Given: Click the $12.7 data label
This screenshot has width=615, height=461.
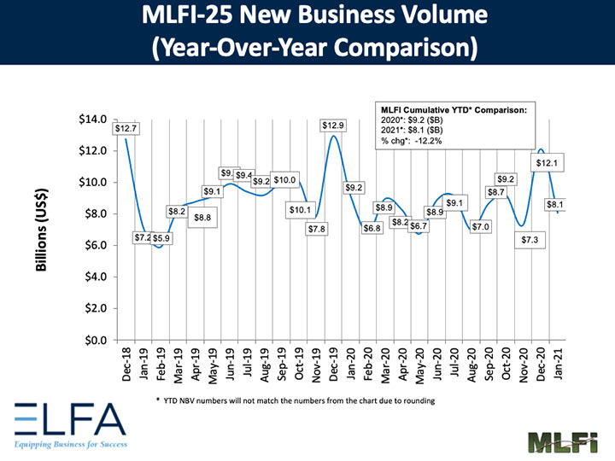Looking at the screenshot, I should click(x=126, y=128).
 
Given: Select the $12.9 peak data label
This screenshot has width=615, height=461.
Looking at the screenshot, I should click(x=334, y=125).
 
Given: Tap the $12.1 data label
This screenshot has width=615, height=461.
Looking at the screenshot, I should click(x=548, y=162).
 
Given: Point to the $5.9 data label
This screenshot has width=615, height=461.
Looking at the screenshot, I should click(x=162, y=238).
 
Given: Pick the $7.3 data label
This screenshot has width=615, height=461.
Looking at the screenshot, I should click(x=530, y=241).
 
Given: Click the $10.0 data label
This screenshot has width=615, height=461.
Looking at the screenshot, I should click(x=285, y=180).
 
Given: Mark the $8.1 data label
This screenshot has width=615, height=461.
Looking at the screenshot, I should click(x=555, y=205).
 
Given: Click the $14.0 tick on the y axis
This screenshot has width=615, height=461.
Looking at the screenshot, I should click(x=91, y=120).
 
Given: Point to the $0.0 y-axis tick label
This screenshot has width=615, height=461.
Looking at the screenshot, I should click(x=94, y=340).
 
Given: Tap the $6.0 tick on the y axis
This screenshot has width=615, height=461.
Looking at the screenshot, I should click(x=94, y=246).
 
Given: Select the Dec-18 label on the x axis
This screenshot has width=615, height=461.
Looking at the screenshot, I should click(x=126, y=365).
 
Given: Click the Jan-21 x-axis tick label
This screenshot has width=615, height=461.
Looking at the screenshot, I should click(x=559, y=365).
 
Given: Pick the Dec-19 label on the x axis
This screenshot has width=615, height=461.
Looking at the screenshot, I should click(x=334, y=365).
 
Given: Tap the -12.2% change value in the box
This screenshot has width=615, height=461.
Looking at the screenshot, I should click(x=424, y=141).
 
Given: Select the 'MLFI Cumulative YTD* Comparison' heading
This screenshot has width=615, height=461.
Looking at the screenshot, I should click(x=454, y=110).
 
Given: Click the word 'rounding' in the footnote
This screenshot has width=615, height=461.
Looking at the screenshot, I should click(x=414, y=400).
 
